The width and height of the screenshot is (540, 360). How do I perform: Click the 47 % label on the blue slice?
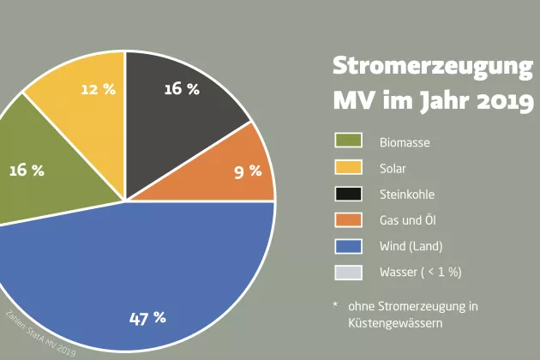click(x=147, y=318)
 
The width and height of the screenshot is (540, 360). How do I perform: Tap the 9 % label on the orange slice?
click(x=248, y=171)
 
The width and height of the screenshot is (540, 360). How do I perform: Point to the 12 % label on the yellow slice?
click(x=98, y=89)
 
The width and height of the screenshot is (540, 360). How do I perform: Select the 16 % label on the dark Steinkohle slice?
click(x=181, y=88)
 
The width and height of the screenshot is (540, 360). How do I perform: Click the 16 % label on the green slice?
click(x=26, y=170)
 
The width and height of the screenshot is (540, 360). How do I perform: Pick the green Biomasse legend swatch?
click(x=348, y=141)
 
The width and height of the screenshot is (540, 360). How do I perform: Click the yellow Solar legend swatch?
click(x=348, y=167)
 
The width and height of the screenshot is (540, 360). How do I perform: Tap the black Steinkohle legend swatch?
click(x=348, y=193)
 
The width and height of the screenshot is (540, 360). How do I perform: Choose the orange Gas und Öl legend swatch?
click(x=348, y=219)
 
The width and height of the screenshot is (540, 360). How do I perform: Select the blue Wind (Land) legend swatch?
click(x=348, y=246)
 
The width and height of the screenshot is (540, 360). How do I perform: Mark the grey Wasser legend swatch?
click(x=348, y=272)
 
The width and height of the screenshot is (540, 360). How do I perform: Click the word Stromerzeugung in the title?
click(x=433, y=66)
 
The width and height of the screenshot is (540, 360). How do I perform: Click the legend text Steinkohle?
click(x=407, y=195)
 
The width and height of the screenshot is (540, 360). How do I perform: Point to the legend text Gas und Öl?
click(x=408, y=220)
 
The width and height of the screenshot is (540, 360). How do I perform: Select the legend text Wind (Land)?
click(x=411, y=247)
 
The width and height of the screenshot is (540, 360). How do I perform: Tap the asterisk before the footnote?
click(x=336, y=305)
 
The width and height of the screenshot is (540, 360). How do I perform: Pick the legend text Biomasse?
click(x=405, y=142)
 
